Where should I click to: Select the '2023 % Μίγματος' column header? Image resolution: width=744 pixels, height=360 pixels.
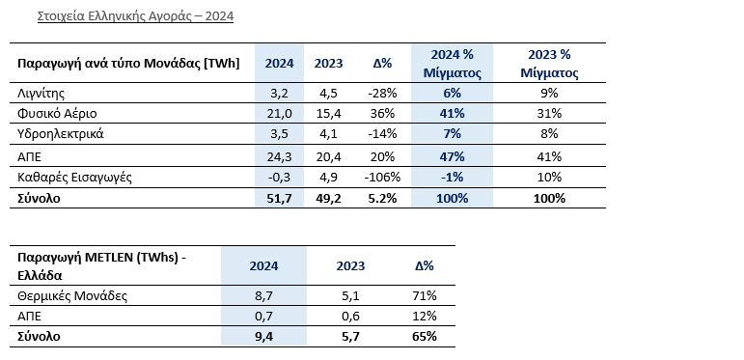pos(548,63)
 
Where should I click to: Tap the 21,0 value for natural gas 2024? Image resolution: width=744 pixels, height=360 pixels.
pos(280,114)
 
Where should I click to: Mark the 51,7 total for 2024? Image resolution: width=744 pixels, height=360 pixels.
pos(280,198)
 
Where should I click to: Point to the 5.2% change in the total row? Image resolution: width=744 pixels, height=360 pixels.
pos(382,198)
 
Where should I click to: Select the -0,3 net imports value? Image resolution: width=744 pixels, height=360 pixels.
pos(280,177)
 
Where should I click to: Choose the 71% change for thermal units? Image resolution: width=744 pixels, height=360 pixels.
pos(425,295)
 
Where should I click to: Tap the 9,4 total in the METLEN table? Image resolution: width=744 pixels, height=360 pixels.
pos(263,337)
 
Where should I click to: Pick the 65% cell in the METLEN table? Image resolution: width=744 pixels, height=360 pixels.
pos(425,337)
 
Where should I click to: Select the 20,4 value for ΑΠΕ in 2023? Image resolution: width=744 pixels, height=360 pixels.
pos(330,155)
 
